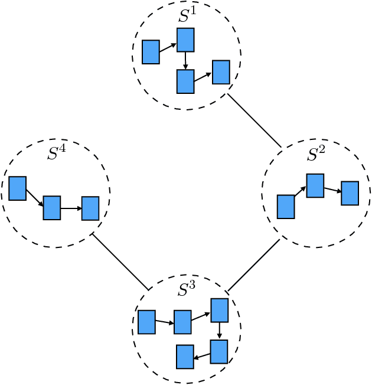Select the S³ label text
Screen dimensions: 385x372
tap(187, 289)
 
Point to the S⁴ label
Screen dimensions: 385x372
tap(56, 153)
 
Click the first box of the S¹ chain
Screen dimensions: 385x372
tap(151, 52)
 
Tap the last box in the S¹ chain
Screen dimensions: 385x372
tap(221, 72)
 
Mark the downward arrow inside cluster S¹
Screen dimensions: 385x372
tap(185, 60)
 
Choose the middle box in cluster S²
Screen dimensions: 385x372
tap(315, 185)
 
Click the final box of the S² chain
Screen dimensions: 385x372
tap(350, 193)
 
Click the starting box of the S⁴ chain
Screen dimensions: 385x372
tap(18, 188)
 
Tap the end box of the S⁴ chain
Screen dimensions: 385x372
tap(90, 208)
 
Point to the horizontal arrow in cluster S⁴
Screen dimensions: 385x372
tap(71, 208)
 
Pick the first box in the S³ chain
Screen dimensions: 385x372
tap(146, 322)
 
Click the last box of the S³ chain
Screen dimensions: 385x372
tap(185, 357)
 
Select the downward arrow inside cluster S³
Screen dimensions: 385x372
tap(220, 331)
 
